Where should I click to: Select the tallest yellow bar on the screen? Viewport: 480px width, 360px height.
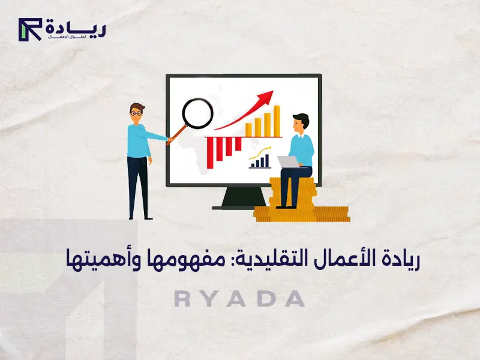coord(277,119)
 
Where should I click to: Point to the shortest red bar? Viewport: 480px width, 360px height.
coord(238,144)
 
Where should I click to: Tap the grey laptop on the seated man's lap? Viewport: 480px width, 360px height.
coord(289,161)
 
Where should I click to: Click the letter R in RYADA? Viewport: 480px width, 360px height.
coord(182,299)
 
